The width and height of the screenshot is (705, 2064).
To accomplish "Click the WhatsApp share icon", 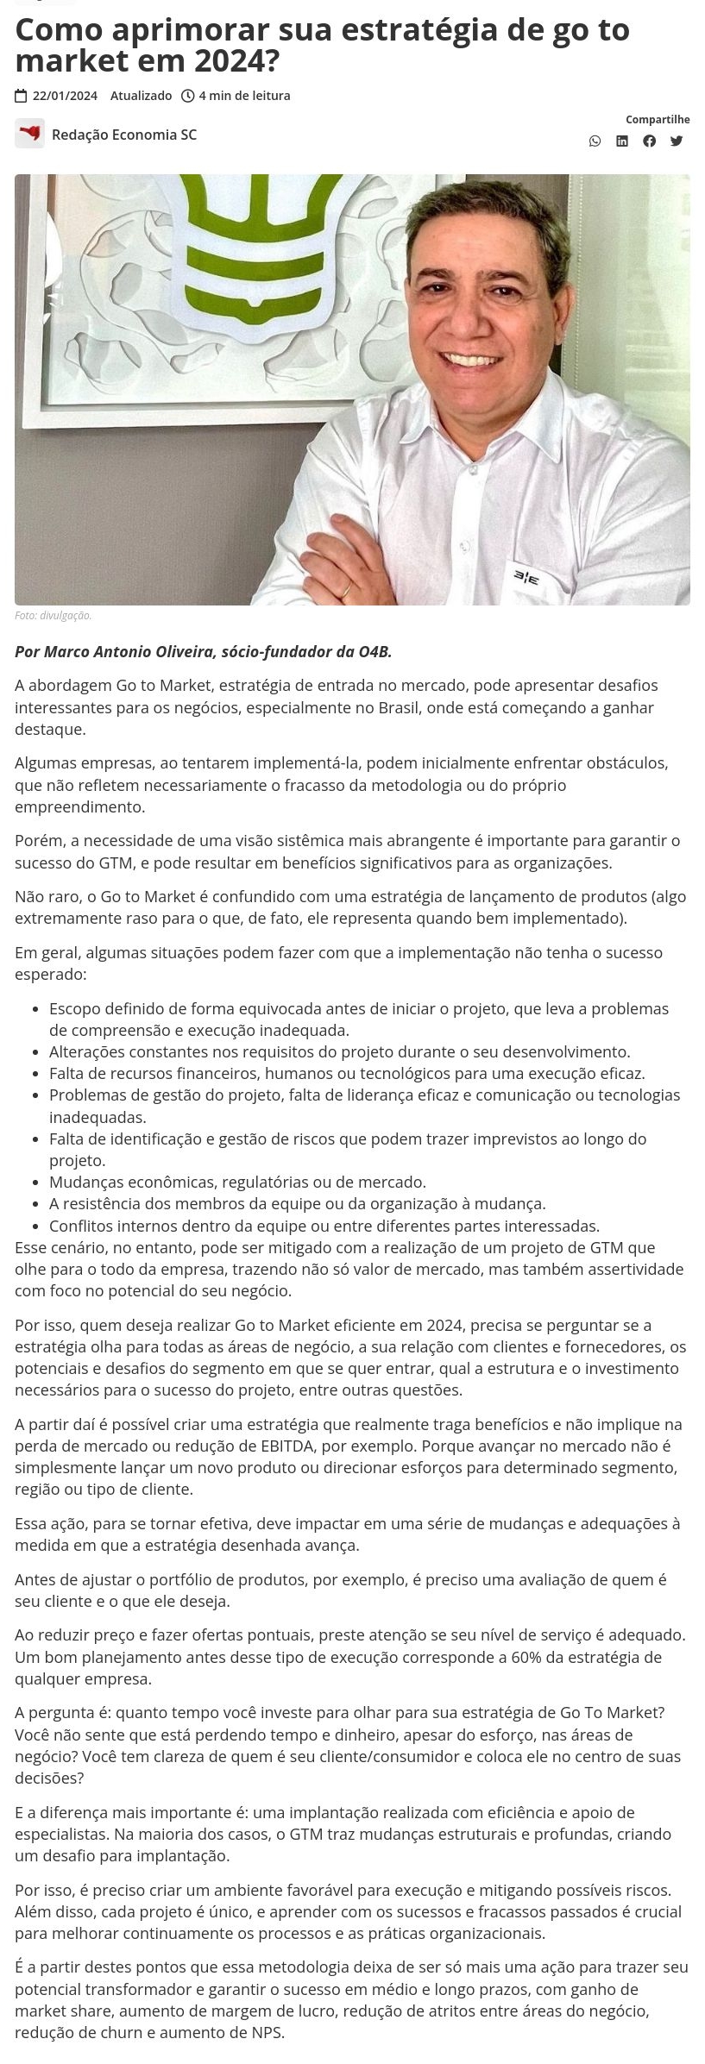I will (x=595, y=141).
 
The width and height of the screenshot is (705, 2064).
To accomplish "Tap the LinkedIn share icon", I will (x=621, y=141).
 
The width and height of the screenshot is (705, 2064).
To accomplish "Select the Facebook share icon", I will (x=649, y=141).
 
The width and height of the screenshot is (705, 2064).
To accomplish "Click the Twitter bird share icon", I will (x=677, y=141).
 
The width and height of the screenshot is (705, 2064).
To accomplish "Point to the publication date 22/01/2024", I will (x=65, y=96).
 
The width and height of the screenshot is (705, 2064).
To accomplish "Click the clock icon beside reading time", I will (x=187, y=96).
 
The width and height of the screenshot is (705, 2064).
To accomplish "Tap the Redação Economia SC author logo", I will (x=29, y=134).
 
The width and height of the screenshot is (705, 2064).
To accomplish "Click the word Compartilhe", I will (x=658, y=119).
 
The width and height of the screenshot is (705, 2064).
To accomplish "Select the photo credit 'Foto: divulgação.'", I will (x=53, y=615).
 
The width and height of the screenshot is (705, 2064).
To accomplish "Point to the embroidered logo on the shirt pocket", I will (x=526, y=577).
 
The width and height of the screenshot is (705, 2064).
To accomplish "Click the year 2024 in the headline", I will (x=237, y=60).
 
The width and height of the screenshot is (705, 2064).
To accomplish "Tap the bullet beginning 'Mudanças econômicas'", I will (x=237, y=1181).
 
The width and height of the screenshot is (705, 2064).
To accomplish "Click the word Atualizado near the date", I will (x=141, y=96).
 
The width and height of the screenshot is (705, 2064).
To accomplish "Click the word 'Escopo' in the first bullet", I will (x=74, y=1008).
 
